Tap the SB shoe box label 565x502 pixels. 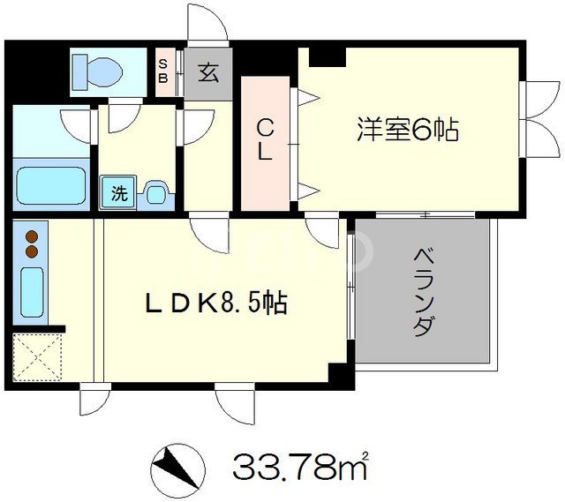point(164,69)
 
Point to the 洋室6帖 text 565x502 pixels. point(407,131)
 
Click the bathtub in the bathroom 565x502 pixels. point(52,185)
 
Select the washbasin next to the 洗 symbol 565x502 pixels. point(155,193)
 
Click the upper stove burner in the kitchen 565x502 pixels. point(33,236)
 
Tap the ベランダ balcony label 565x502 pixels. point(424,291)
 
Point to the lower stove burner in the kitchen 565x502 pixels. point(33,251)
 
